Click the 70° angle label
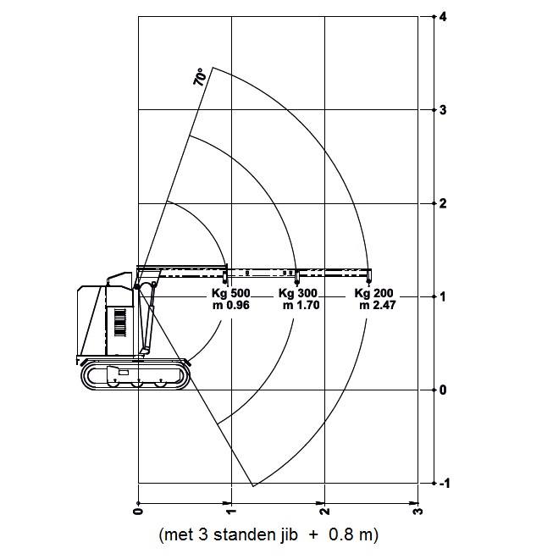click(200, 76)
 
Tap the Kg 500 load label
click(231, 293)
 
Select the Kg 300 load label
click(298, 293)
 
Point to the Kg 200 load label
click(373, 293)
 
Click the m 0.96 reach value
click(231, 305)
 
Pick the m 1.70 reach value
click(301, 305)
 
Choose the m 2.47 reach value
click(378, 305)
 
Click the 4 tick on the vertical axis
click(443, 17)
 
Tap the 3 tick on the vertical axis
click(443, 110)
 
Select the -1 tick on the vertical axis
click(445, 484)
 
